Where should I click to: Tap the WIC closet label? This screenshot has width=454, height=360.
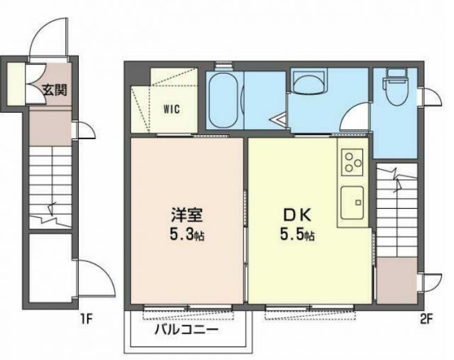click(171, 109)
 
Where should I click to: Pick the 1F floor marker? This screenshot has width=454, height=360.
click(87, 318)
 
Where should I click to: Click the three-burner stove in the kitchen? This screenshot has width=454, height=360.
click(350, 164)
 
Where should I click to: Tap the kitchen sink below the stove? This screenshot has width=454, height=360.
click(350, 202)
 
